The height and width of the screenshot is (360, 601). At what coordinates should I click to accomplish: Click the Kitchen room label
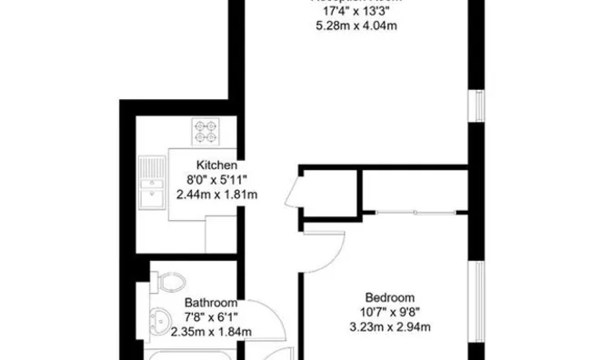click(216, 166)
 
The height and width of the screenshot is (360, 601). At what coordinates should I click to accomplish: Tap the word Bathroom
click(211, 303)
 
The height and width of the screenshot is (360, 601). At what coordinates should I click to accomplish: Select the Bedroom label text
click(390, 297)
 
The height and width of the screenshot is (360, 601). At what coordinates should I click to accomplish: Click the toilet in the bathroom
click(168, 282)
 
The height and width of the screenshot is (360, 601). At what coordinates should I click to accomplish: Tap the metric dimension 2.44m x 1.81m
click(216, 195)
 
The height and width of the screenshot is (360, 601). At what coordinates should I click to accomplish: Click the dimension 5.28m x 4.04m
click(354, 25)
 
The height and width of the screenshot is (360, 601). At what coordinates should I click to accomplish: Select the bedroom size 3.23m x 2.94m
click(390, 326)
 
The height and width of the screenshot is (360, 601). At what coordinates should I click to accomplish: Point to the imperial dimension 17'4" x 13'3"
click(354, 12)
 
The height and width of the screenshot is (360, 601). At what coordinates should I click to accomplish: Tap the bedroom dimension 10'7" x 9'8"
click(390, 312)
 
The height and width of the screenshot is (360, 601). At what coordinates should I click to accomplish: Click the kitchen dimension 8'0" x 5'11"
click(216, 180)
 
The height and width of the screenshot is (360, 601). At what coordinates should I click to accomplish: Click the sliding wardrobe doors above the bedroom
click(414, 212)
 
